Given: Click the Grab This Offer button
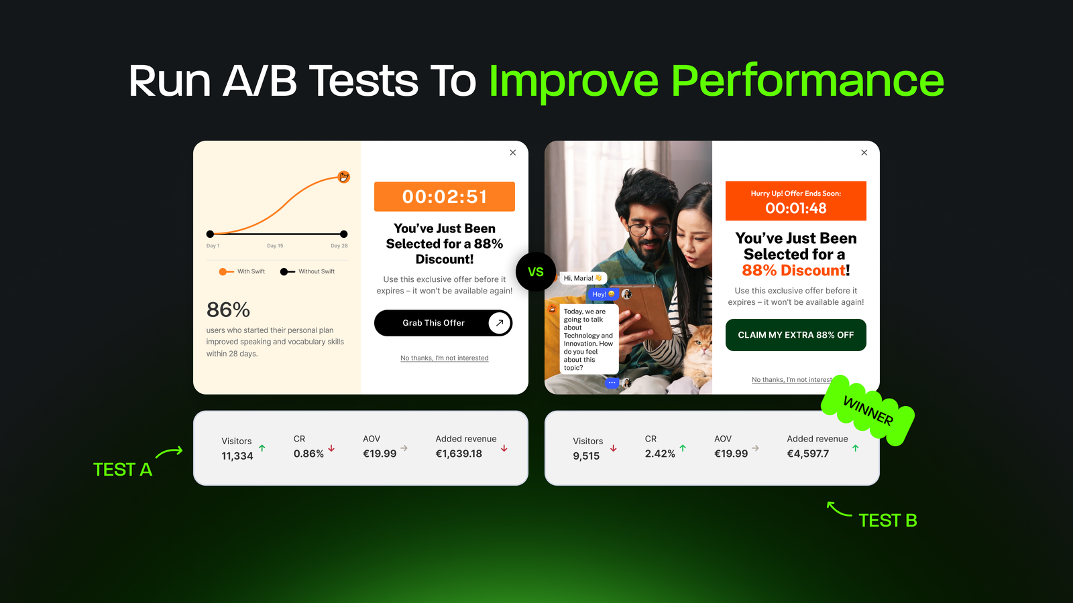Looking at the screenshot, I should pyautogui.click(x=443, y=323).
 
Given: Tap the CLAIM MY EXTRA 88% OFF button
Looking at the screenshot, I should pyautogui.click(x=795, y=335).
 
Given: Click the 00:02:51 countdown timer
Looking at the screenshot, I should pyautogui.click(x=445, y=197).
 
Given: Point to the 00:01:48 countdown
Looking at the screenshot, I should pyautogui.click(x=796, y=208).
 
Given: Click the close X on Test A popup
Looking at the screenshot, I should pyautogui.click(x=513, y=153).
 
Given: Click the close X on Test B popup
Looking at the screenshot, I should pyautogui.click(x=864, y=153).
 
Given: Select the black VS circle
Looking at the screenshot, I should pyautogui.click(x=536, y=271).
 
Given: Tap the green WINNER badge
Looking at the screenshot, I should pyautogui.click(x=868, y=411).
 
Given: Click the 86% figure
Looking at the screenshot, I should pyautogui.click(x=228, y=310).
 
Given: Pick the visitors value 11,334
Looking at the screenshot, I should pyautogui.click(x=237, y=456).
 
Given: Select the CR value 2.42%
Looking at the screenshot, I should pyautogui.click(x=660, y=454).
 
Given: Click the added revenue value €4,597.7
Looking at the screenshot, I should pyautogui.click(x=807, y=454).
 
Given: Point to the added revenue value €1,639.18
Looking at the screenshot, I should pyautogui.click(x=459, y=454).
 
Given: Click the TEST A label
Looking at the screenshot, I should pyautogui.click(x=123, y=470).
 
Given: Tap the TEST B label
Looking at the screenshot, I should pyautogui.click(x=887, y=521).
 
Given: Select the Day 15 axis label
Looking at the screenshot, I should pyautogui.click(x=275, y=246).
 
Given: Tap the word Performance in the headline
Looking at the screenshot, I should pyautogui.click(x=807, y=81).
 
